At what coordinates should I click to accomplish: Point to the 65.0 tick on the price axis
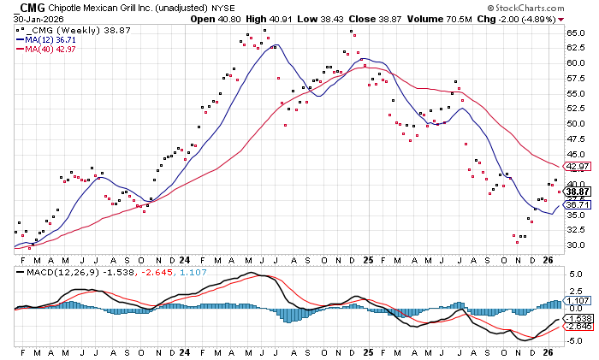(574, 32)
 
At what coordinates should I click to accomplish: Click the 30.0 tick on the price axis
(574, 245)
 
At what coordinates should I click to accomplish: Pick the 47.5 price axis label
(574, 139)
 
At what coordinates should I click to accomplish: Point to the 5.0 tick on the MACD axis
(574, 274)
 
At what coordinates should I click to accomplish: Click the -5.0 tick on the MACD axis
(574, 340)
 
